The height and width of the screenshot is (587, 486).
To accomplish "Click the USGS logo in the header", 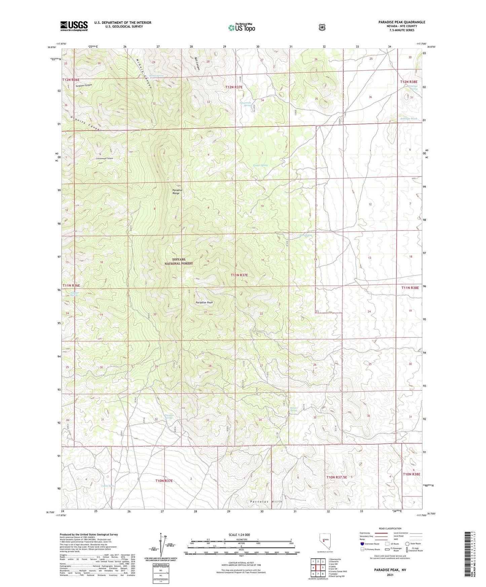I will pyautogui.click(x=74, y=26).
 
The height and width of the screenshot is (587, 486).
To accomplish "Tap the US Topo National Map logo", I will pyautogui.click(x=241, y=28).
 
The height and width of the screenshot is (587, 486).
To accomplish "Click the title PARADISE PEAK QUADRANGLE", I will pyautogui.click(x=402, y=22).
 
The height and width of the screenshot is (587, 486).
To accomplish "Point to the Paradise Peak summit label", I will pyautogui.click(x=204, y=303).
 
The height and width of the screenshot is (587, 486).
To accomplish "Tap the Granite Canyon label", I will pyautogui.click(x=86, y=124).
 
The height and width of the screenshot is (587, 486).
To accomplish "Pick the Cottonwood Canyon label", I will pyautogui.click(x=105, y=158).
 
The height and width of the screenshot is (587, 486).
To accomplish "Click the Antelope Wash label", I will pyautogui.click(x=408, y=119).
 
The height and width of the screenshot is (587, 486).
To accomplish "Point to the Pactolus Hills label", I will pyautogui.click(x=266, y=501).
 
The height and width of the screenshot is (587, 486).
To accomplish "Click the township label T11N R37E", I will pyautogui.click(x=239, y=275).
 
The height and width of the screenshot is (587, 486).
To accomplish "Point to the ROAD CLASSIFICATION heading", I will pyautogui.click(x=390, y=529).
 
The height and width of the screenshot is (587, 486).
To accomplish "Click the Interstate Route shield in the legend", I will pyautogui.click(x=362, y=544).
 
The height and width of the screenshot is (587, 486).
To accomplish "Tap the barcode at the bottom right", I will pyautogui.click(x=471, y=553).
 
